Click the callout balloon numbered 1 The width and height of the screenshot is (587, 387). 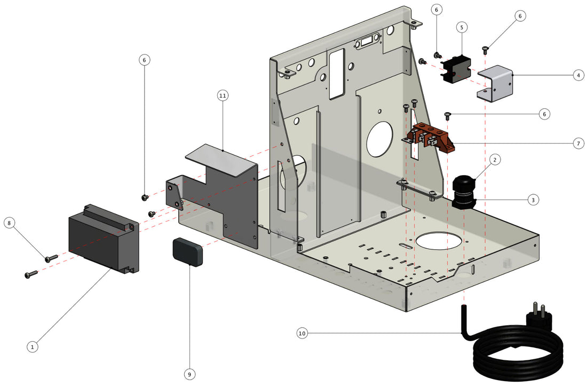click(x=33, y=346)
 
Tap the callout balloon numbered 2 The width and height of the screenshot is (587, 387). click(x=495, y=160)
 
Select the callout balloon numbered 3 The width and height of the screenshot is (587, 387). click(x=532, y=200)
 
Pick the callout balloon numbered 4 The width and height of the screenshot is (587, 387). click(x=578, y=76)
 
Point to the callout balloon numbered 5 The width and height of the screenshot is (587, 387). click(x=462, y=26)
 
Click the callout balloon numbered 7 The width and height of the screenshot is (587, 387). click(x=578, y=143)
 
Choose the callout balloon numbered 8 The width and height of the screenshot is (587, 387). click(x=9, y=223)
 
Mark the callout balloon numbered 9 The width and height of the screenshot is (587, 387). click(x=189, y=374)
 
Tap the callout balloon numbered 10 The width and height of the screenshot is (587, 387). click(x=302, y=334)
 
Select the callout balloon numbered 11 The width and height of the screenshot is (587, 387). click(x=223, y=96)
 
